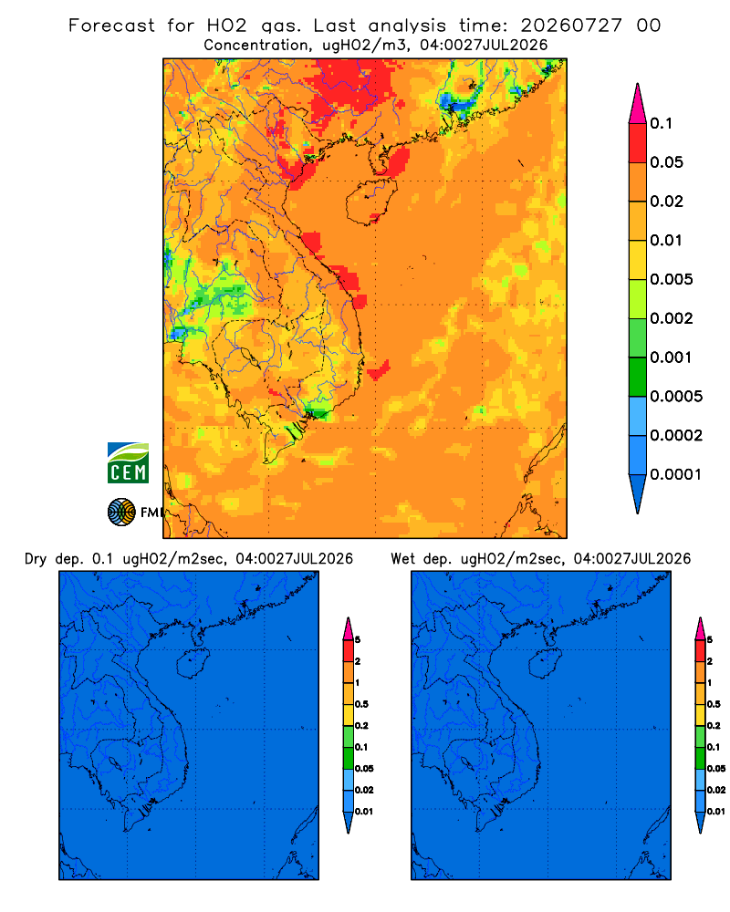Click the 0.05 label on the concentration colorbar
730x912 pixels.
pyautogui.click(x=666, y=162)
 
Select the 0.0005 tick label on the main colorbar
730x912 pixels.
pyautogui.click(x=676, y=397)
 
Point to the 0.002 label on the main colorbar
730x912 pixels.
pyautogui.click(x=672, y=318)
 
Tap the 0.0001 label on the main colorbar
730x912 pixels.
pyautogui.click(x=676, y=474)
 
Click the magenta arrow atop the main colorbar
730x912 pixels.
pyautogui.click(x=638, y=105)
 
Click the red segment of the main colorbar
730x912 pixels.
pyautogui.click(x=638, y=143)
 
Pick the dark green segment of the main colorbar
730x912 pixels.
pyautogui.click(x=638, y=377)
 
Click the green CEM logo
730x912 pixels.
pyautogui.click(x=128, y=463)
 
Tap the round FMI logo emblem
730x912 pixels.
pyautogui.click(x=121, y=512)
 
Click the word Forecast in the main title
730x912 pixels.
pyautogui.click(x=111, y=26)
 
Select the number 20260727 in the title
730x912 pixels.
pyautogui.click(x=571, y=26)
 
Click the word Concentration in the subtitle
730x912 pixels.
pyautogui.click(x=256, y=46)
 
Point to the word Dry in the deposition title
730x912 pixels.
pyautogui.click(x=36, y=559)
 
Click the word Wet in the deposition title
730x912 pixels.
pyautogui.click(x=403, y=559)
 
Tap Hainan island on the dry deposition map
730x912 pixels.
pyautogui.click(x=193, y=663)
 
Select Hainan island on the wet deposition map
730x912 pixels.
pyautogui.click(x=545, y=663)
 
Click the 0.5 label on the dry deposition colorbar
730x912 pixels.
pyautogui.click(x=361, y=704)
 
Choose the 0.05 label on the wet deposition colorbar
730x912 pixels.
pyautogui.click(x=716, y=769)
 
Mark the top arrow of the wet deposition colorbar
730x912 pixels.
pyautogui.click(x=700, y=629)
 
